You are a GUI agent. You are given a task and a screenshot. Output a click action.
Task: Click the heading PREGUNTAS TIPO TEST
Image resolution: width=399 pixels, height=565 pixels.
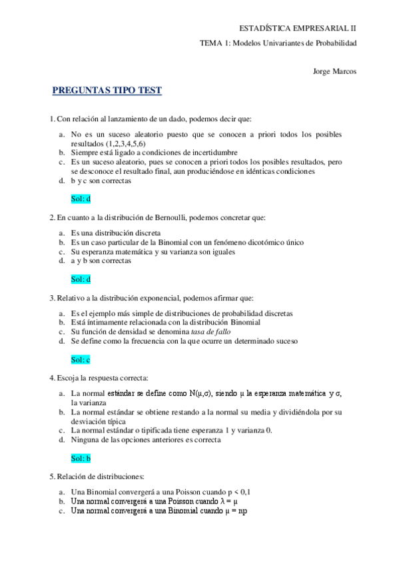point(107,91)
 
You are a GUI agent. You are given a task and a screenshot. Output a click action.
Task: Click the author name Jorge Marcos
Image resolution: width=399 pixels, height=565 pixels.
point(334,71)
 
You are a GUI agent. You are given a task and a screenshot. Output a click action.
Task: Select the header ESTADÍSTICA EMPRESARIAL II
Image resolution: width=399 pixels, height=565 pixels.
point(298,28)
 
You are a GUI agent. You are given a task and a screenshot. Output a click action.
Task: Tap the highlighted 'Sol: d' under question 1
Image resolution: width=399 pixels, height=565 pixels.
point(81,198)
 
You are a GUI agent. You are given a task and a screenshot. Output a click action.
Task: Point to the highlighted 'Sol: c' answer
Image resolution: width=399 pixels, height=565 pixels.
point(81,360)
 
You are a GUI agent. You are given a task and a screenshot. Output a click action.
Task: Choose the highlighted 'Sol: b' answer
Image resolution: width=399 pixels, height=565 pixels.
point(81,458)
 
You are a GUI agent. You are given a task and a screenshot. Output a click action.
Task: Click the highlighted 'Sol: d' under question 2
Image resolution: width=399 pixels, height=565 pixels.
point(81,279)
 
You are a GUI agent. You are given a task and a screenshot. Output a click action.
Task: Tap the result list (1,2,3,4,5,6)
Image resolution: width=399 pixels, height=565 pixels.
point(117,143)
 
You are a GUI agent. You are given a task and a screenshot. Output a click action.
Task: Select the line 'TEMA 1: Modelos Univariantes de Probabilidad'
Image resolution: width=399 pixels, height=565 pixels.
point(278,43)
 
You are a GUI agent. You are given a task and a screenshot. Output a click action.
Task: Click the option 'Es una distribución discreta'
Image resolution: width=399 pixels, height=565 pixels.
point(115,233)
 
